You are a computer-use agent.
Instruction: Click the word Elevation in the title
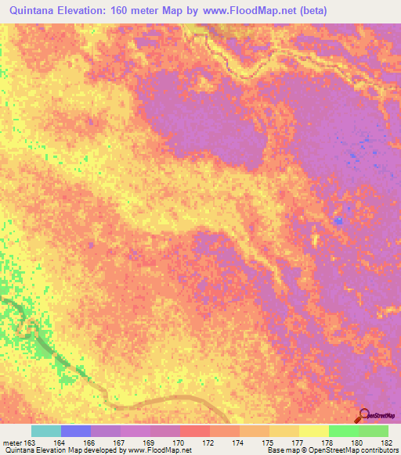[x=96, y=11]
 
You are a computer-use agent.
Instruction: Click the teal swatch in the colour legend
[x=45, y=431]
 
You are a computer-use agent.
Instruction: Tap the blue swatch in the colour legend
[x=75, y=431]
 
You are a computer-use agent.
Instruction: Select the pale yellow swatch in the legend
[x=313, y=431]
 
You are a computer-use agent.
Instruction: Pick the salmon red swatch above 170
[x=194, y=431]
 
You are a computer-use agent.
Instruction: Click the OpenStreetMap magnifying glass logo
[x=365, y=415]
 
